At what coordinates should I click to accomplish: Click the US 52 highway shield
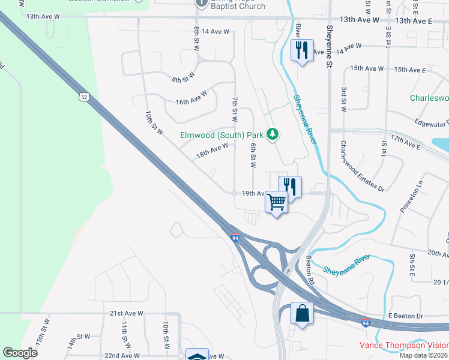coord(83,97)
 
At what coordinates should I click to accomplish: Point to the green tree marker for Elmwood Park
coord(273,133)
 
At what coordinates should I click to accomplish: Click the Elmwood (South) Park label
coord(222,135)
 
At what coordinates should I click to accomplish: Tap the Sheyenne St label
coord(330,42)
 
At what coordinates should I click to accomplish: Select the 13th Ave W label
coord(359,20)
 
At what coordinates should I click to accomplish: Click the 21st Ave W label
coord(127,313)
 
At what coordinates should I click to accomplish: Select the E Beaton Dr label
coord(406,316)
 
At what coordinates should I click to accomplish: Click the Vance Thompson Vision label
coord(403,345)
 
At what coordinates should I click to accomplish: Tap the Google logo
coord(20,352)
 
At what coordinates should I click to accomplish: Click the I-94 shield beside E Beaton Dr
coord(366,323)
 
